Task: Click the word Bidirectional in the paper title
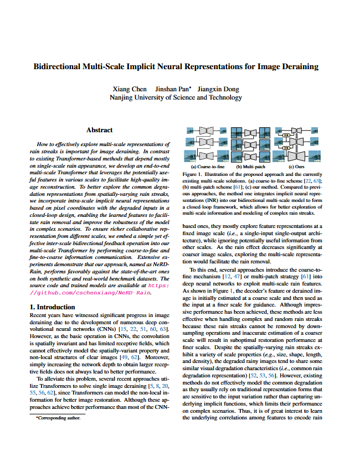57,67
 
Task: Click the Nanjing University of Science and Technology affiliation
176,97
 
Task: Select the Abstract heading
100,131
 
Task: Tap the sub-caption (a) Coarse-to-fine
208,166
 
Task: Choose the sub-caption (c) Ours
296,166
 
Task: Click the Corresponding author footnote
58,418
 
